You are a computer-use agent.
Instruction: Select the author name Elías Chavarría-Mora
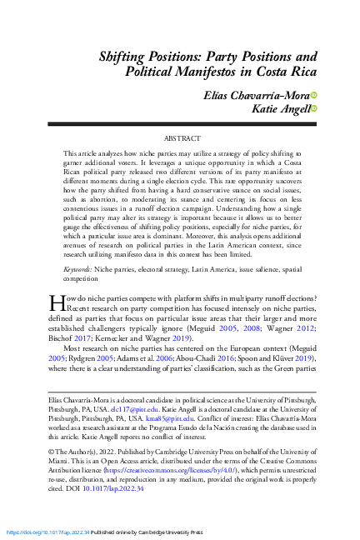[257, 94]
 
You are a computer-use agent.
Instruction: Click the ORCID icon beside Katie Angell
[315, 108]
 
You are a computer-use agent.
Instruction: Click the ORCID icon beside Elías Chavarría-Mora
[315, 94]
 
